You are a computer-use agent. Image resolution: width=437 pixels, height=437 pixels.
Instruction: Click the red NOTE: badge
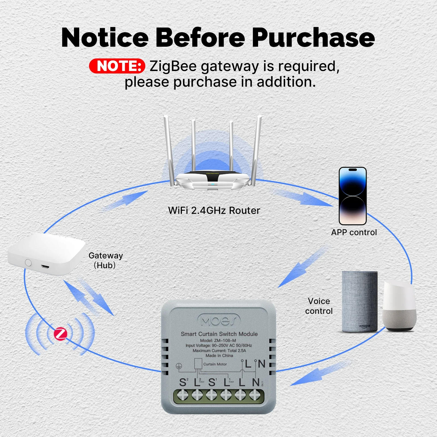tap(117, 66)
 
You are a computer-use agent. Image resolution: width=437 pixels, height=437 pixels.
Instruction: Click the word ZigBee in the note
tap(173, 66)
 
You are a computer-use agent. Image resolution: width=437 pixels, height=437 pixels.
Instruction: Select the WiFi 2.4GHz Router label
tap(214, 211)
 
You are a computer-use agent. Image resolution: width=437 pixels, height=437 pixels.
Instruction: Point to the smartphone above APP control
tap(353, 196)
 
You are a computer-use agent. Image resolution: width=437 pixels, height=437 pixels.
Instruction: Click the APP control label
tap(354, 232)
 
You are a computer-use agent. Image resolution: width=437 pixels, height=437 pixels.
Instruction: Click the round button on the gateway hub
tap(28, 263)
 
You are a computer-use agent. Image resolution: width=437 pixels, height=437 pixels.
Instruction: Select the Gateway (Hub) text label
tap(105, 260)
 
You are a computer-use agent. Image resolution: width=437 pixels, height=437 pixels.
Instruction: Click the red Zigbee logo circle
tap(60, 334)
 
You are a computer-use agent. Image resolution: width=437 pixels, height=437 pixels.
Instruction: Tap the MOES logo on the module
tap(219, 320)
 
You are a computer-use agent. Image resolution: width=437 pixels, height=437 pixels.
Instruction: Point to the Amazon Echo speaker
tap(359, 302)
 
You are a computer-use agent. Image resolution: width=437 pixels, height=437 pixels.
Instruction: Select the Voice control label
tap(319, 306)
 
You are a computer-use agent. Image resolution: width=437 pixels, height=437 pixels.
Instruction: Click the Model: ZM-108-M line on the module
tap(218, 341)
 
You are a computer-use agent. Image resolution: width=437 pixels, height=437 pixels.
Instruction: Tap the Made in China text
tap(219, 356)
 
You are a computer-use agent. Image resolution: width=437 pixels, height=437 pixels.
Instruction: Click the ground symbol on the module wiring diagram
tap(179, 366)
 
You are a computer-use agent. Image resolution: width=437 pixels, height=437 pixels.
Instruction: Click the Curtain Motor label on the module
tap(215, 364)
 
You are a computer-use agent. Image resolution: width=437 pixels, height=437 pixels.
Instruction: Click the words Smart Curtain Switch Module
tap(219, 334)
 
